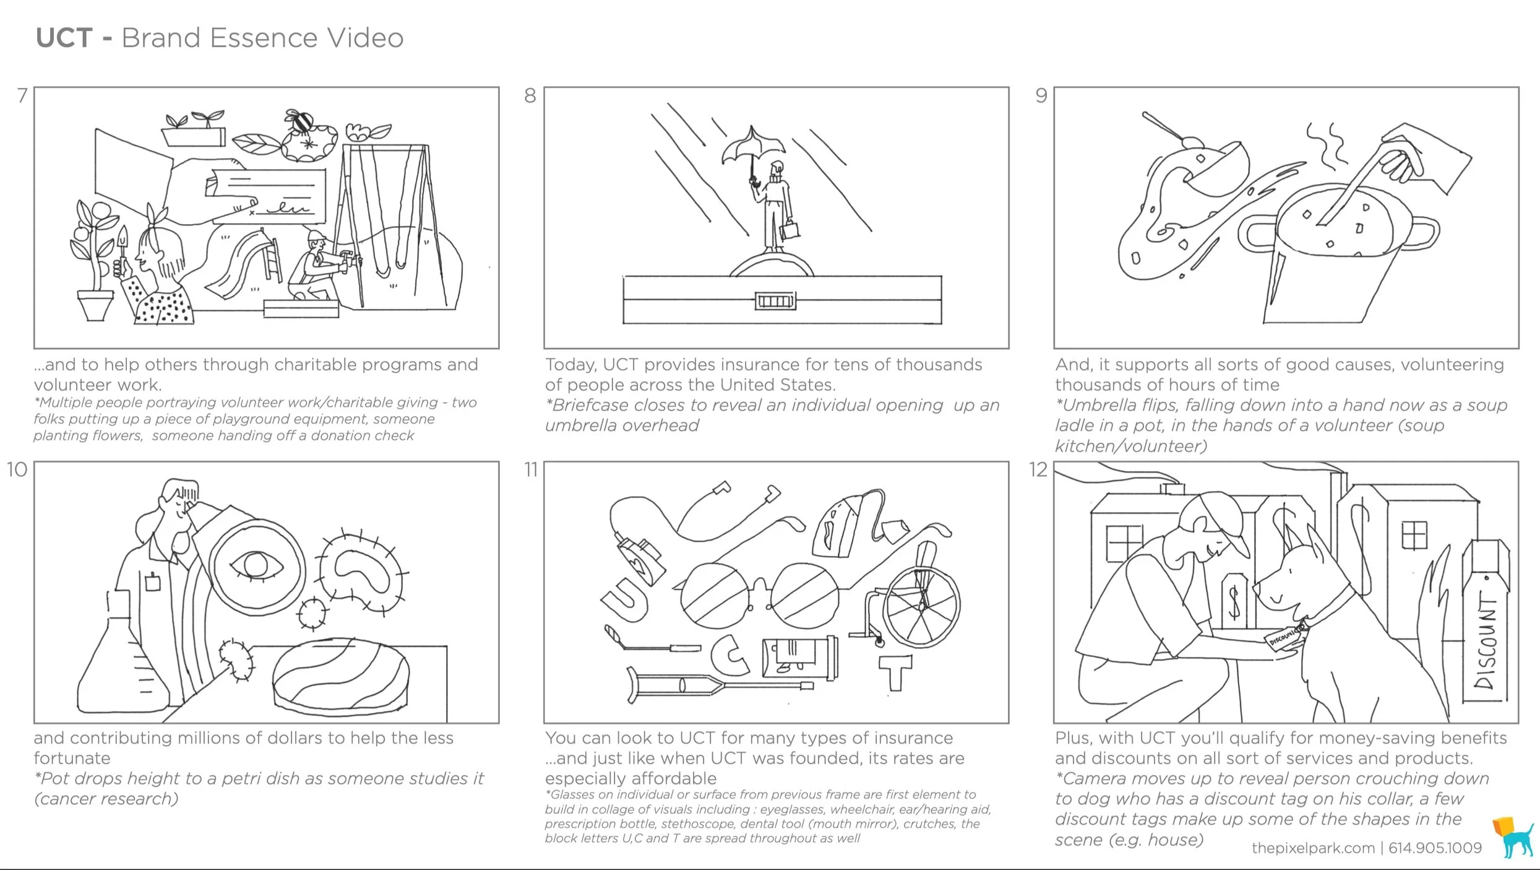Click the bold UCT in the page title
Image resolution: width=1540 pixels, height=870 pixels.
click(64, 38)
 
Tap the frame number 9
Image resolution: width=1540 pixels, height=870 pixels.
click(1041, 95)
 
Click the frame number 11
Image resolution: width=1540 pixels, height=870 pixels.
click(531, 470)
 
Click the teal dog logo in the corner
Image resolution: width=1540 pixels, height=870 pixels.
click(1514, 837)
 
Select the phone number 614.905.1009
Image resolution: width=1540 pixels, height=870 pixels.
click(1435, 848)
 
